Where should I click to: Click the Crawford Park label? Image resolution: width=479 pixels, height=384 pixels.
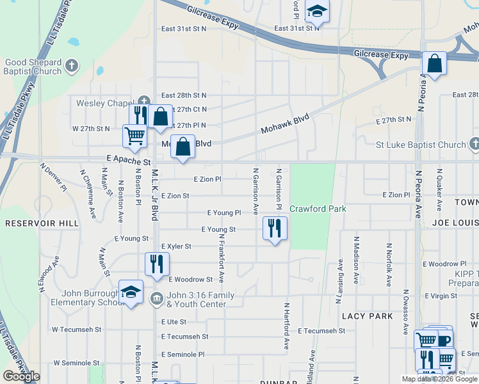[x=318, y=209]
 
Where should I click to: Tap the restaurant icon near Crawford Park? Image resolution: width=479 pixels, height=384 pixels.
[x=275, y=228]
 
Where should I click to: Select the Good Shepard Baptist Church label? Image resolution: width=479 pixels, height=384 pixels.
[x=33, y=67]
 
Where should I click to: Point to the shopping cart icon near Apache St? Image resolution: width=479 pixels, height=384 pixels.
[x=134, y=136]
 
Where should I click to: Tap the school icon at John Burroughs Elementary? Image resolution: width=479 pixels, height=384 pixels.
[x=131, y=292]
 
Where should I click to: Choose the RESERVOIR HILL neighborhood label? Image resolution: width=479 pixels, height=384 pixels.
[x=42, y=223]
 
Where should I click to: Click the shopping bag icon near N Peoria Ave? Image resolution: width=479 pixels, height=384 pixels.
[x=434, y=63]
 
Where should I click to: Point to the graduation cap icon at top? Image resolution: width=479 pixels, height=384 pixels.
[x=316, y=10]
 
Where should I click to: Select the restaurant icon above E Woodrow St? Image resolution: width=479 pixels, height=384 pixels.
[x=157, y=263]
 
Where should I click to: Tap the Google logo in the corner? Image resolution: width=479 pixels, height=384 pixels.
[x=21, y=376]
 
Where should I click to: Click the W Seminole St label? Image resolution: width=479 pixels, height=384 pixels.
[x=77, y=362]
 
